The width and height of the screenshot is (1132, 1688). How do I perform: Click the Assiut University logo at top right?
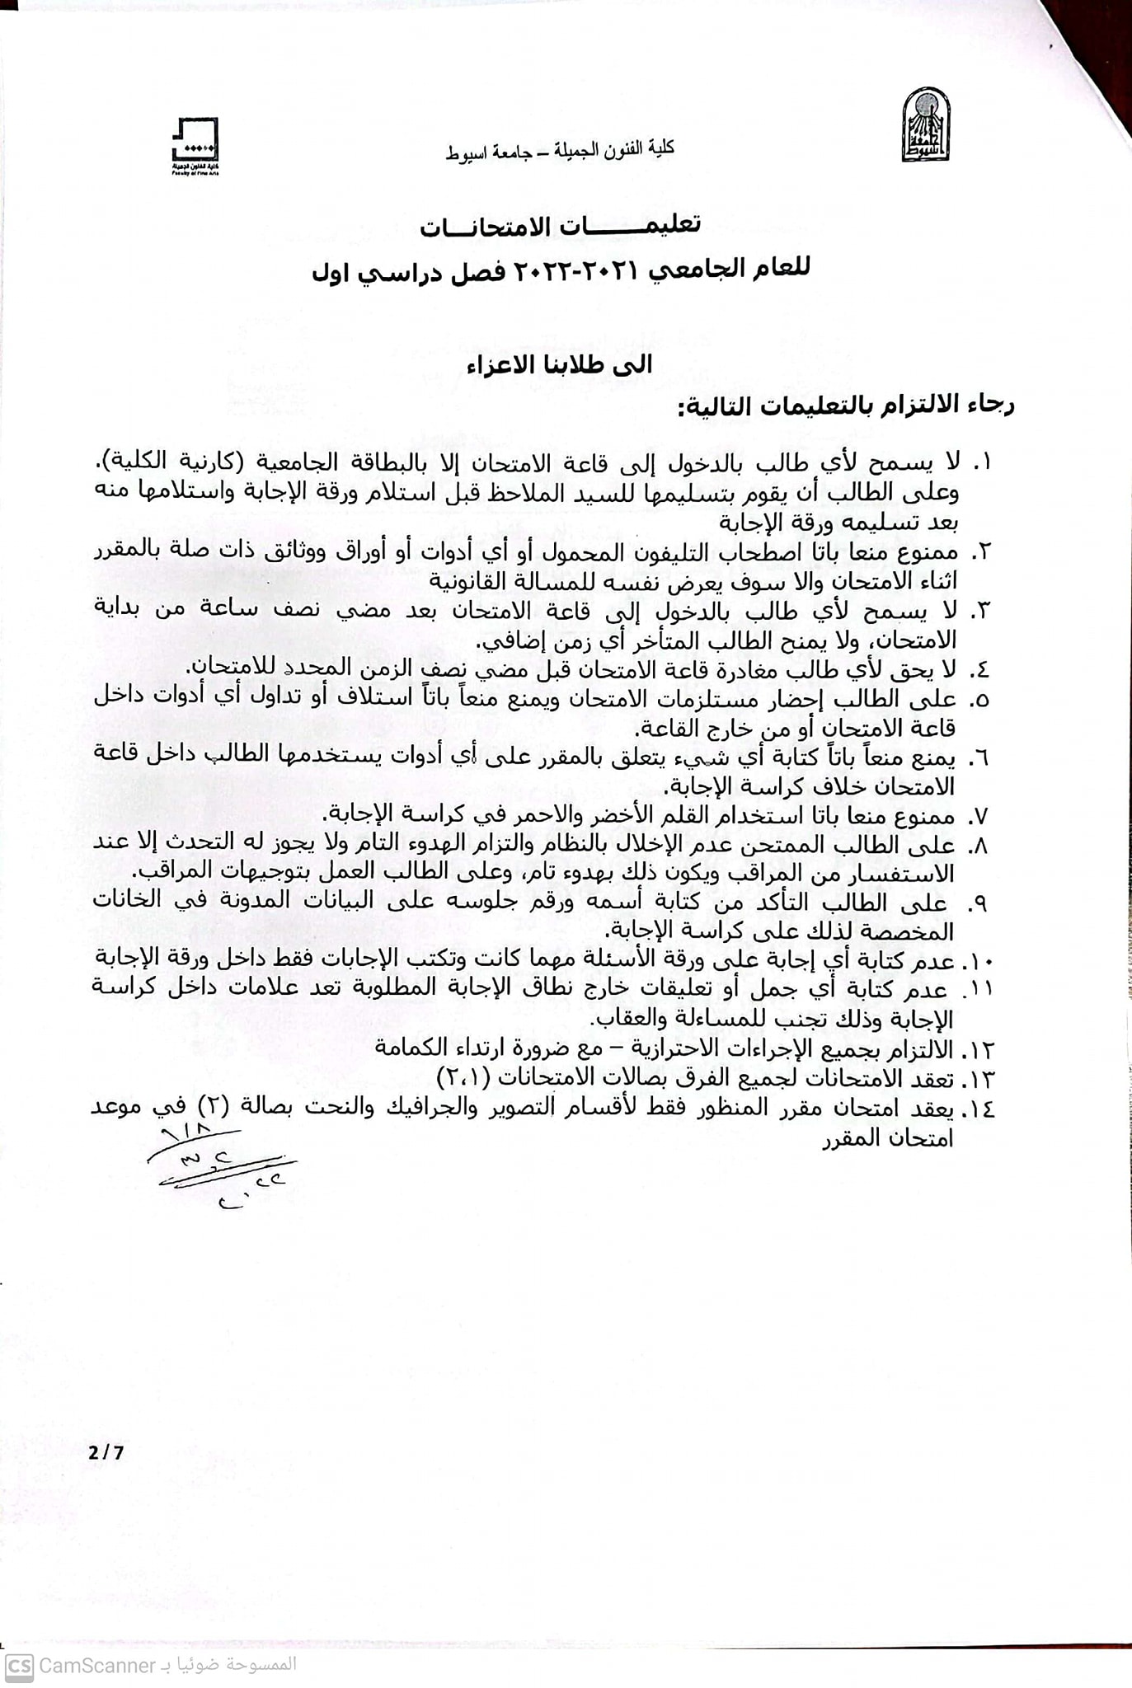point(925,125)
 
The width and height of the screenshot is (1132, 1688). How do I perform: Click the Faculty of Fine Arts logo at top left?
point(195,146)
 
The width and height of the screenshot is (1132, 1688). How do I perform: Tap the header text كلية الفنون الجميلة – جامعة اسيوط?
point(560,151)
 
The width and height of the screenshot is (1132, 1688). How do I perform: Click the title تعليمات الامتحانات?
point(560,226)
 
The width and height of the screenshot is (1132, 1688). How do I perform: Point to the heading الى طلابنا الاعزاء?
point(560,365)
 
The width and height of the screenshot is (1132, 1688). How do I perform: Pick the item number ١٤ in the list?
point(979,1109)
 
